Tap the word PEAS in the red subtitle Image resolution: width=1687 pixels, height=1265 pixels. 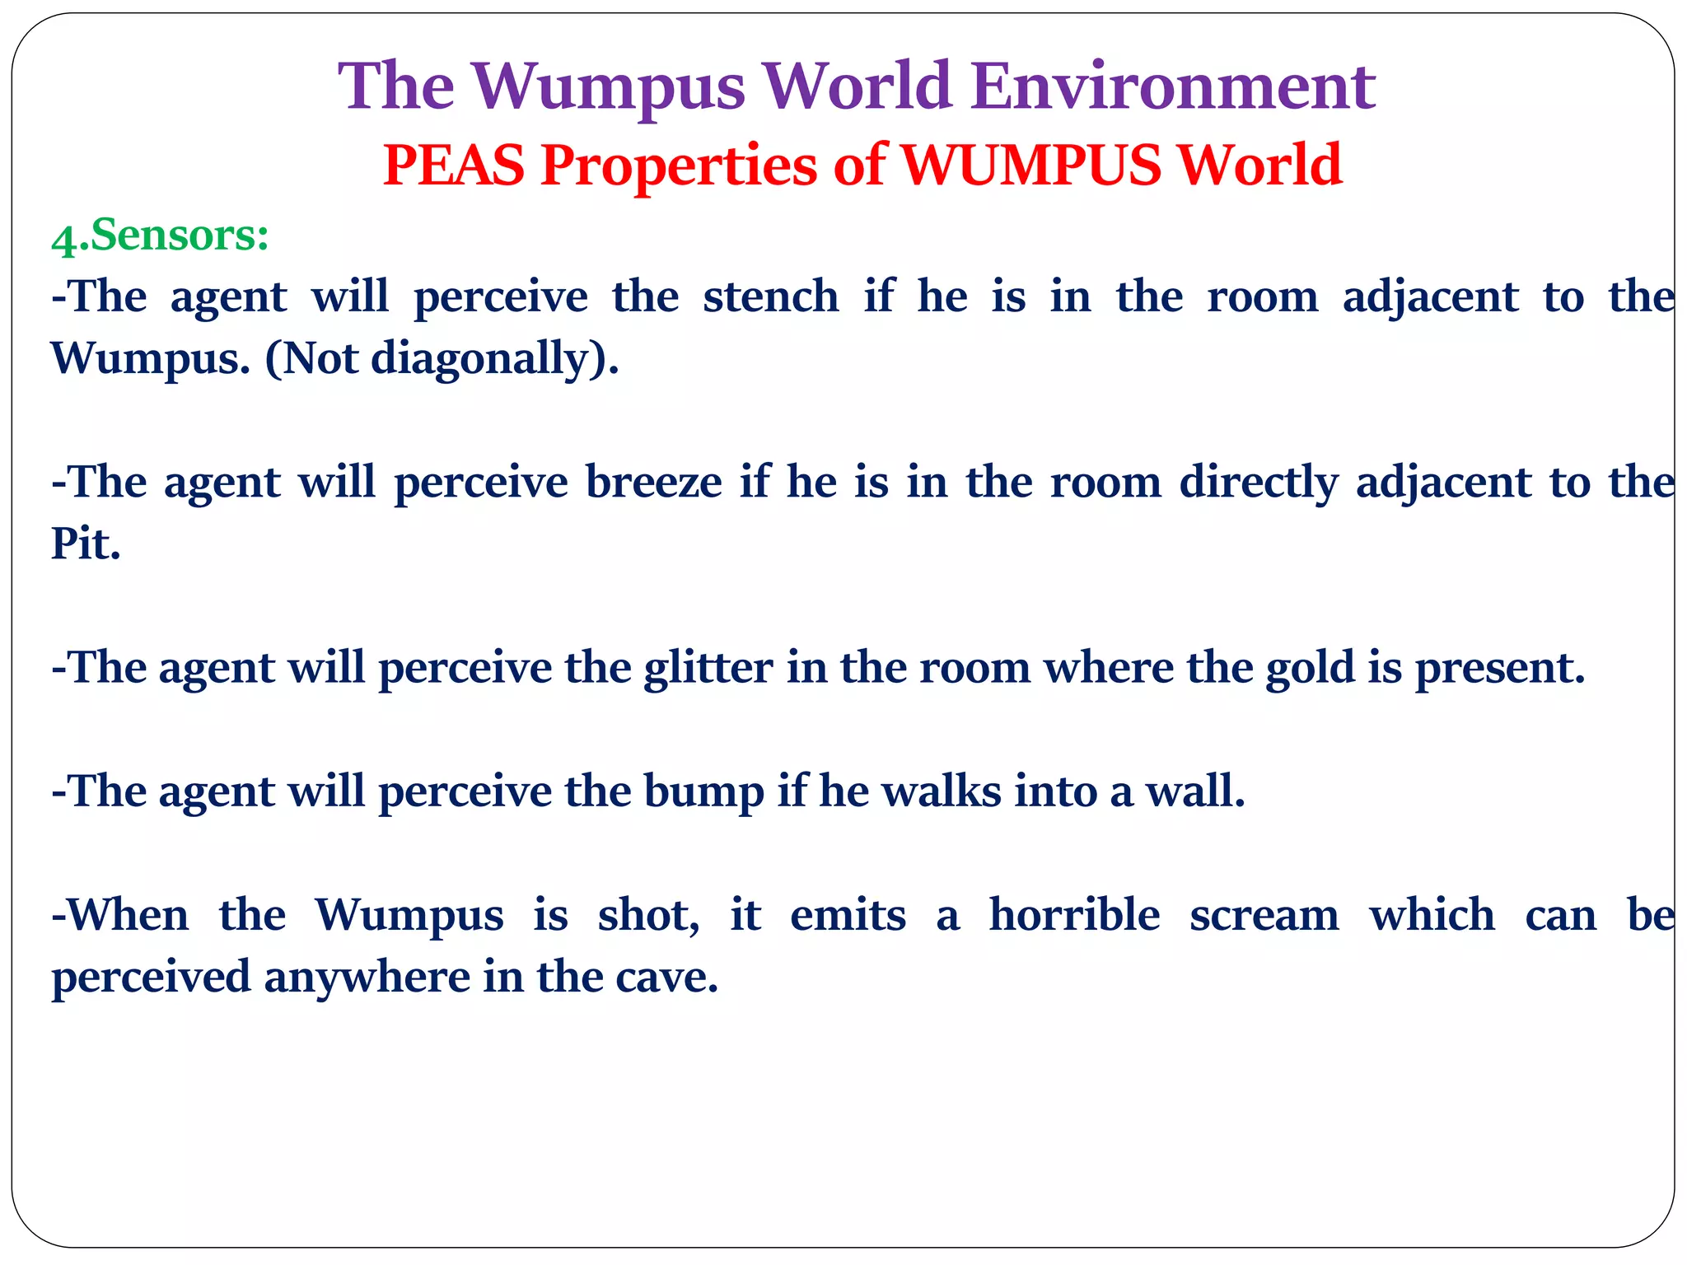[454, 165]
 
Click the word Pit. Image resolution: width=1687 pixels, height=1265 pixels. [86, 544]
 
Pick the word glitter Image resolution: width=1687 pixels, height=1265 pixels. [708, 668]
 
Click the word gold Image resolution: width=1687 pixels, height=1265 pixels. [1310, 668]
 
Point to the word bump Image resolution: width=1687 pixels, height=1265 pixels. [703, 792]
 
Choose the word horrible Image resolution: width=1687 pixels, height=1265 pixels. [1074, 916]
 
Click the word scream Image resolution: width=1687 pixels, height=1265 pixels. [1264, 916]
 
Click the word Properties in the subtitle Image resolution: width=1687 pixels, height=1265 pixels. [679, 166]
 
